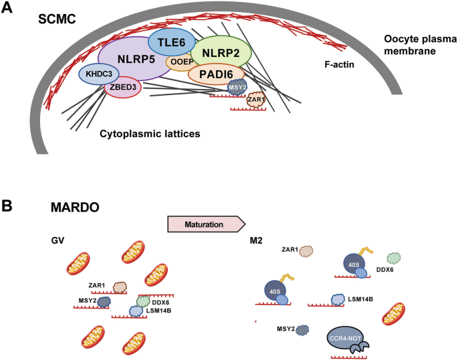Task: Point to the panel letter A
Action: click(9, 10)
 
